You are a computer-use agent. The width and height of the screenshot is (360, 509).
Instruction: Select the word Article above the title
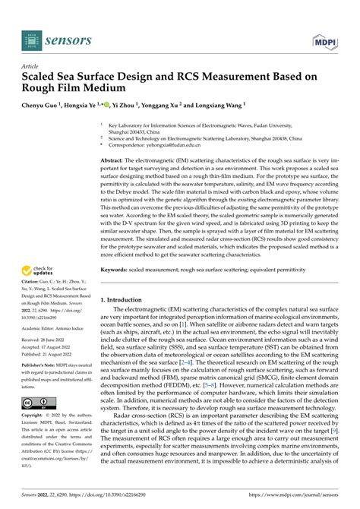point(31,66)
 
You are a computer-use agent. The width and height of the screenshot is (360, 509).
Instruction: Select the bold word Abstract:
point(115,161)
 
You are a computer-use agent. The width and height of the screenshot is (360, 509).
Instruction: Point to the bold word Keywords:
point(116,248)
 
